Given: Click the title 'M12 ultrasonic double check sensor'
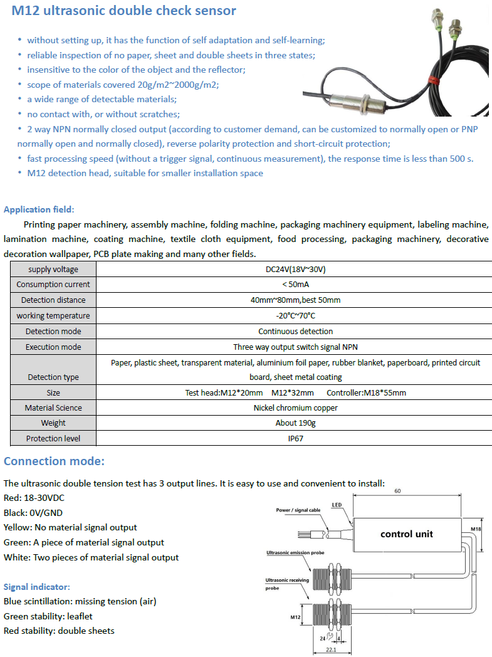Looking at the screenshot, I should tap(120, 11).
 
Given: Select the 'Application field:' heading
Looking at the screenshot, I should tap(39, 209).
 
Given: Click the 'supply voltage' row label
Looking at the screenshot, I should tap(53, 269).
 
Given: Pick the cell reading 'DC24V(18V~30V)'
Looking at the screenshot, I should tap(295, 269).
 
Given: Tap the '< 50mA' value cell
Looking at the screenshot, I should tap(295, 285).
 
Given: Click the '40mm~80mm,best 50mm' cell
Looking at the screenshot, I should tap(295, 300).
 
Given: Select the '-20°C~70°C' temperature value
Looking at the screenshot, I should tap(295, 316).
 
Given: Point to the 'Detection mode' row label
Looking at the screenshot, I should tap(53, 331).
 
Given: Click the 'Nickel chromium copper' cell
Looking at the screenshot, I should tap(295, 407).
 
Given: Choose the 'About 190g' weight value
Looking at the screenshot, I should tap(295, 423).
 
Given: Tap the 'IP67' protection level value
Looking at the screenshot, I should tap(295, 439).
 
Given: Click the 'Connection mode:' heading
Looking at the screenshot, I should tap(54, 461).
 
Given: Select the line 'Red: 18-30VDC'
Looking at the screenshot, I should tap(34, 498).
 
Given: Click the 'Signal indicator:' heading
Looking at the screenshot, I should tap(37, 587).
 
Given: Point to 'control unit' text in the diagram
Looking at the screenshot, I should tap(406, 534).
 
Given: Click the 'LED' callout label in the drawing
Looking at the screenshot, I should tap(337, 505).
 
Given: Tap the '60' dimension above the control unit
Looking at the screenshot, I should tap(397, 491).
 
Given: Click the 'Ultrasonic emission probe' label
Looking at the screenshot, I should tap(295, 553).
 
